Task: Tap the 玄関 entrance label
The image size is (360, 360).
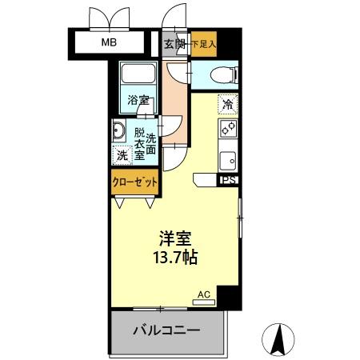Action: coord(174,44)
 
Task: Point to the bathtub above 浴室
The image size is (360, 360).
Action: coord(139,78)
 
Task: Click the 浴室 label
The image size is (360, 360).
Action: coord(139,101)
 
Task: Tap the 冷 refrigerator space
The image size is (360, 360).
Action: coord(228,103)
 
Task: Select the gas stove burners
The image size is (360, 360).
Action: coord(227,128)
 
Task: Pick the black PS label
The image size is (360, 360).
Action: coord(229,181)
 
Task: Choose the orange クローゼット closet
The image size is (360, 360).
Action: coord(134,182)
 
